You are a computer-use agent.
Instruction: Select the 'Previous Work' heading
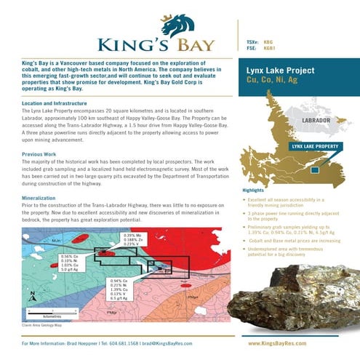40,155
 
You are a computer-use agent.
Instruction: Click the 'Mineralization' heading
41,196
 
